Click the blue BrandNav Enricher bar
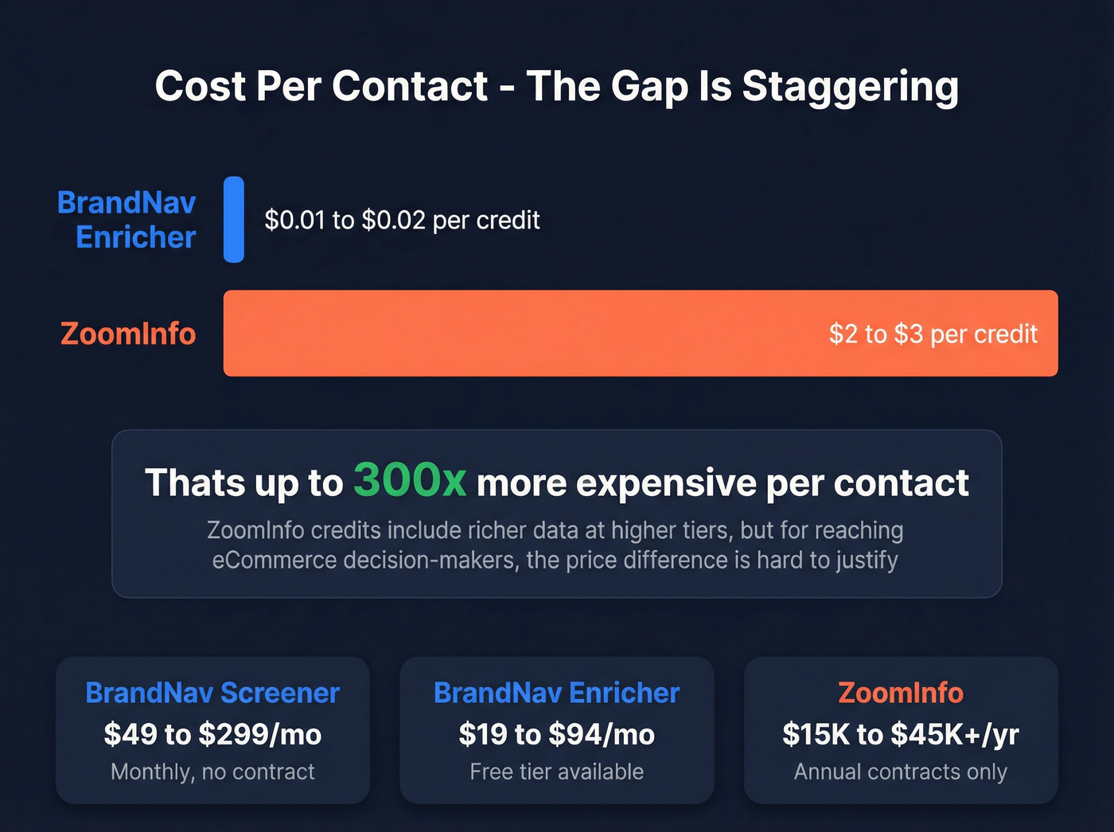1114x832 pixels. pos(234,220)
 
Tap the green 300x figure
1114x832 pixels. pos(410,481)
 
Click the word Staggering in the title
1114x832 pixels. pos(850,87)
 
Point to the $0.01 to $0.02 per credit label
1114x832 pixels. pos(402,220)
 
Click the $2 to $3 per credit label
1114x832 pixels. pos(933,334)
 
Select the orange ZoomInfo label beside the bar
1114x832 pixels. pos(128,334)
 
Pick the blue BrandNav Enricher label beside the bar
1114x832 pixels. pos(127,220)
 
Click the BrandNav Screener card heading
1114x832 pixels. pos(212,693)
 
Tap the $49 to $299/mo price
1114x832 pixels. pos(212,734)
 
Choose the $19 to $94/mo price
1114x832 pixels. pos(556,734)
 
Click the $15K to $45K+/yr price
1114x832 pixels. pos(900,734)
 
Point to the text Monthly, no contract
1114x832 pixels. pos(212,771)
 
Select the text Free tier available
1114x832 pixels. pos(556,771)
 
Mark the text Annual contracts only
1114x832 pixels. pos(900,771)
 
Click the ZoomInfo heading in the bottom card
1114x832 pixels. pos(900,693)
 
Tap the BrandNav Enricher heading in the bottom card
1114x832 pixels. pos(556,693)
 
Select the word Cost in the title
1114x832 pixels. pos(201,86)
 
